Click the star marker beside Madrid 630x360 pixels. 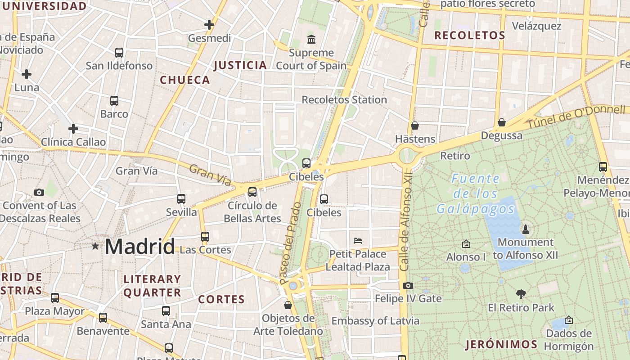tap(95, 246)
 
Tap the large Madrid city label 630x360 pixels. tap(139, 247)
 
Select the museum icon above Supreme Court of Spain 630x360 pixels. tap(311, 40)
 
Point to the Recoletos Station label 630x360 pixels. tap(344, 99)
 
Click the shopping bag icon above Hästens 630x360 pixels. tap(414, 126)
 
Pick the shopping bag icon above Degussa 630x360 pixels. tap(502, 122)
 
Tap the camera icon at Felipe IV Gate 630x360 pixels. tap(408, 285)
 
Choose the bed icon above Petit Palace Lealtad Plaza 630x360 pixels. tap(358, 240)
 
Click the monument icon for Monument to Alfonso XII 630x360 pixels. tap(525, 229)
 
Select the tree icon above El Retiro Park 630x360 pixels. tap(521, 294)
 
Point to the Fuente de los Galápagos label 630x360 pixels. tap(476, 194)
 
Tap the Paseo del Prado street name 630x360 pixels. tap(290, 243)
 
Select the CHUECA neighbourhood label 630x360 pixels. tap(185, 80)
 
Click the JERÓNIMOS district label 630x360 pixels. tap(501, 345)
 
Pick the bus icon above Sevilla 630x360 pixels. tap(181, 199)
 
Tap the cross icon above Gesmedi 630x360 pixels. tap(209, 25)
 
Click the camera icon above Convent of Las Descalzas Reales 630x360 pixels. tap(39, 193)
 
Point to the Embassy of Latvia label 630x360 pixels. tap(375, 321)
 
